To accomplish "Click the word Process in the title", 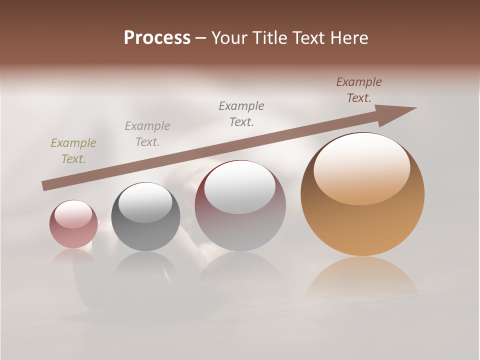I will [x=157, y=38].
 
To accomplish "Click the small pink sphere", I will [x=73, y=224].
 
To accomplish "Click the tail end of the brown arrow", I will [x=45, y=186].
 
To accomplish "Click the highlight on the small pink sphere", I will [x=74, y=214].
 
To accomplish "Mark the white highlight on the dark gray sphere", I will [x=145, y=202].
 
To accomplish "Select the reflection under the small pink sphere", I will [x=73, y=256].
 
